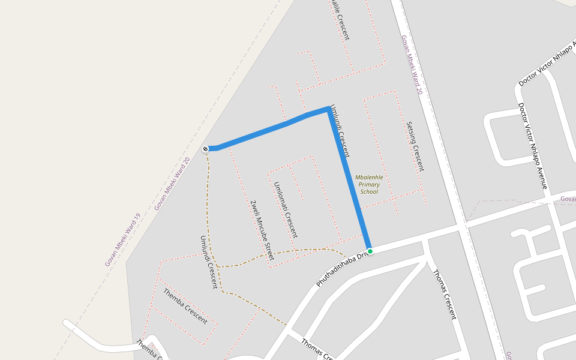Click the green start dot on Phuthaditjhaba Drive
pos(370,251)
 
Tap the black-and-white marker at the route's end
pos(206,148)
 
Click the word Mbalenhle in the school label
pos(369,177)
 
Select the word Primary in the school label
pos(369,184)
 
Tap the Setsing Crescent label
pos(415,146)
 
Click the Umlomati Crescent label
pos(285,209)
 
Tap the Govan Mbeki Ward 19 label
pos(122,240)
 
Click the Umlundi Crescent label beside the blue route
pos(340,131)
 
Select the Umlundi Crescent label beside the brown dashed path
pos(208,262)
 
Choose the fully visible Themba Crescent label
pos(185,305)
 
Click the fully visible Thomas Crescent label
pos(445,294)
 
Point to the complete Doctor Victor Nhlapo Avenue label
pos(533,146)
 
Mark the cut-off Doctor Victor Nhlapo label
pos(547,67)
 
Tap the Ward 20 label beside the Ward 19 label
pos(172,184)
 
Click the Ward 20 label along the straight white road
pos(412,65)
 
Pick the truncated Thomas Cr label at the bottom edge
pos(317,350)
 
